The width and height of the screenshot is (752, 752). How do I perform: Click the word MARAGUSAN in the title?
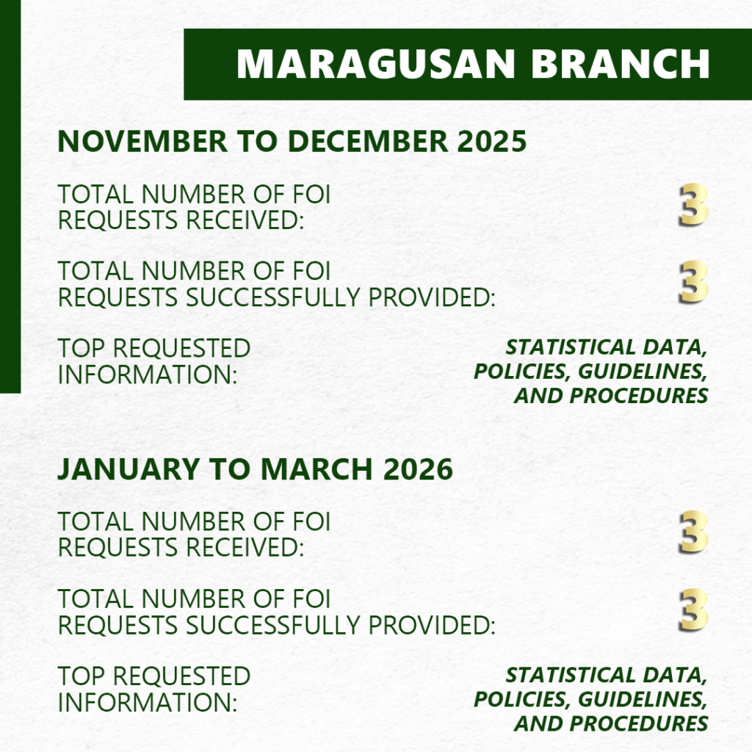click(x=375, y=64)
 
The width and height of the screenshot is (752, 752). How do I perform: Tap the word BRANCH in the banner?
click(x=620, y=64)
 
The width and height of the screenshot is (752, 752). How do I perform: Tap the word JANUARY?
click(x=129, y=469)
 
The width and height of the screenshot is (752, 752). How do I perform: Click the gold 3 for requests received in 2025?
click(x=693, y=205)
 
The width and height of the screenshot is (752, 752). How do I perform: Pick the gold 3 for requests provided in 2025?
click(x=693, y=282)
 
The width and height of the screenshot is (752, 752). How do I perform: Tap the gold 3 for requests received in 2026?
click(x=693, y=532)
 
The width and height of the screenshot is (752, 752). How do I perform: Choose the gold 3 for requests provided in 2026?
click(x=693, y=610)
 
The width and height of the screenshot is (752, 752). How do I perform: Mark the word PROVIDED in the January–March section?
click(x=432, y=626)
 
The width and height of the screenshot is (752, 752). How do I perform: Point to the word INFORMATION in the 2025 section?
click(x=148, y=375)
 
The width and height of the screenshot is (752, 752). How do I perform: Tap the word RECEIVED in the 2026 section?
click(x=245, y=548)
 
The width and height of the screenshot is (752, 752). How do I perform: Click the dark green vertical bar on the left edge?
click(x=10, y=197)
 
